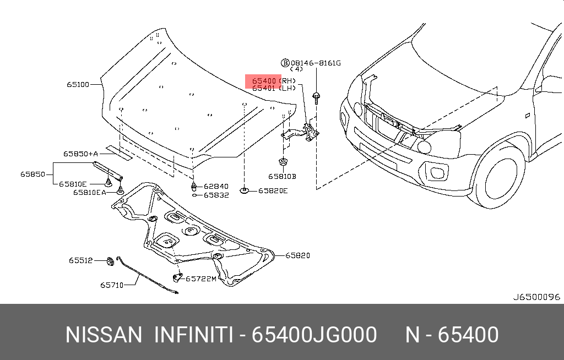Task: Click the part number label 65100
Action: click(x=78, y=85)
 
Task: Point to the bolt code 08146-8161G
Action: click(x=316, y=63)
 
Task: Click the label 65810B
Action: click(x=282, y=177)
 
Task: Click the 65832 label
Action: click(x=216, y=195)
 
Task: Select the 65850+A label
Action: click(x=80, y=154)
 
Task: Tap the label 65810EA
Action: click(x=90, y=192)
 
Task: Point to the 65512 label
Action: click(x=80, y=260)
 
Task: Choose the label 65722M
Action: click(x=201, y=279)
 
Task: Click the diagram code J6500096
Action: click(x=536, y=297)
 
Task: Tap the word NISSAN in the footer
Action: click(x=103, y=335)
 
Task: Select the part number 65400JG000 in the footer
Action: click(x=314, y=335)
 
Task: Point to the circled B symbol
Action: click(x=285, y=63)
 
